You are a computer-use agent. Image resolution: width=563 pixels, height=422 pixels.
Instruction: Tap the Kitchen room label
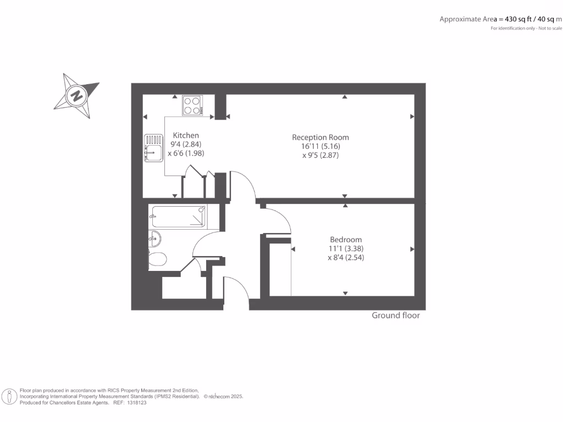[x=186, y=135]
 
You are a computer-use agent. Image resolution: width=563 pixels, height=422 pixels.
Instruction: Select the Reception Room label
[x=320, y=137]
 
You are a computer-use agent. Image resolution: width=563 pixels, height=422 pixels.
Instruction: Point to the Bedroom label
[x=346, y=240]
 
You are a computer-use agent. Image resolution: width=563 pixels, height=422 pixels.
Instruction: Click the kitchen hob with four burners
[x=192, y=105]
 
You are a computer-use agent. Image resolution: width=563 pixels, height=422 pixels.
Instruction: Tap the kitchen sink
[x=153, y=149]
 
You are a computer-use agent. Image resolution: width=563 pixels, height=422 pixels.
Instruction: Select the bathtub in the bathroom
[x=178, y=216]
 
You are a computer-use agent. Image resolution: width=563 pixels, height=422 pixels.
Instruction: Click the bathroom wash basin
[x=154, y=238]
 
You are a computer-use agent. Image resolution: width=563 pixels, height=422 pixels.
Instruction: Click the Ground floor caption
[x=396, y=315]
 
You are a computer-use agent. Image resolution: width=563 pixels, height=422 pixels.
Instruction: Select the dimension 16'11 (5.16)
[x=320, y=146]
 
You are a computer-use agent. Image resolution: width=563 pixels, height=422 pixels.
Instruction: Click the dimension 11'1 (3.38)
[x=346, y=248]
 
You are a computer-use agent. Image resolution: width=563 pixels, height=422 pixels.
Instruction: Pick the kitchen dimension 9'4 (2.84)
[x=186, y=145]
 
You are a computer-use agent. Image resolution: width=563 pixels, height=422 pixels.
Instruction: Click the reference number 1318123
[x=136, y=403]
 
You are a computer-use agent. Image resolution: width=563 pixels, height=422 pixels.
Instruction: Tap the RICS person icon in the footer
[x=9, y=396]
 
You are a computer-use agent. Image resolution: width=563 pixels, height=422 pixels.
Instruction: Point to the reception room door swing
[x=243, y=186]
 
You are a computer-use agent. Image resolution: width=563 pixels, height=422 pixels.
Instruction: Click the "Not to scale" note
[x=550, y=28]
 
